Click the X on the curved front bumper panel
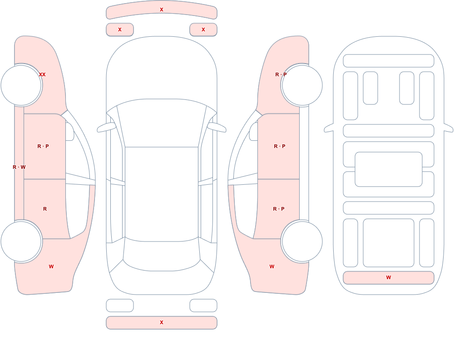point(162,10)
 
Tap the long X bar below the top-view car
point(162,323)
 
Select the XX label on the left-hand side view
point(42,74)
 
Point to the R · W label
point(19,167)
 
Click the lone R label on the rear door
point(45,209)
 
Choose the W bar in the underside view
point(389,278)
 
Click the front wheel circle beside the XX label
point(21,85)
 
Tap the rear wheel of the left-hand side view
point(21,241)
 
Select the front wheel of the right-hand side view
point(302,85)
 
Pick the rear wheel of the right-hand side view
point(302,241)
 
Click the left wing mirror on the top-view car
point(106,127)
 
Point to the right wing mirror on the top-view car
point(217,127)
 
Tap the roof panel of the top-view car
point(162,194)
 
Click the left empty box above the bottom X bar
point(120,306)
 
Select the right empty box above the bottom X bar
point(203,306)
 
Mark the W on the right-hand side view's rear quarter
point(272,266)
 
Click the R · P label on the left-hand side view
point(43,146)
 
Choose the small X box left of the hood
point(120,30)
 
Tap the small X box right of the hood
point(203,30)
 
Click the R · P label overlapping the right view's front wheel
point(281,74)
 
